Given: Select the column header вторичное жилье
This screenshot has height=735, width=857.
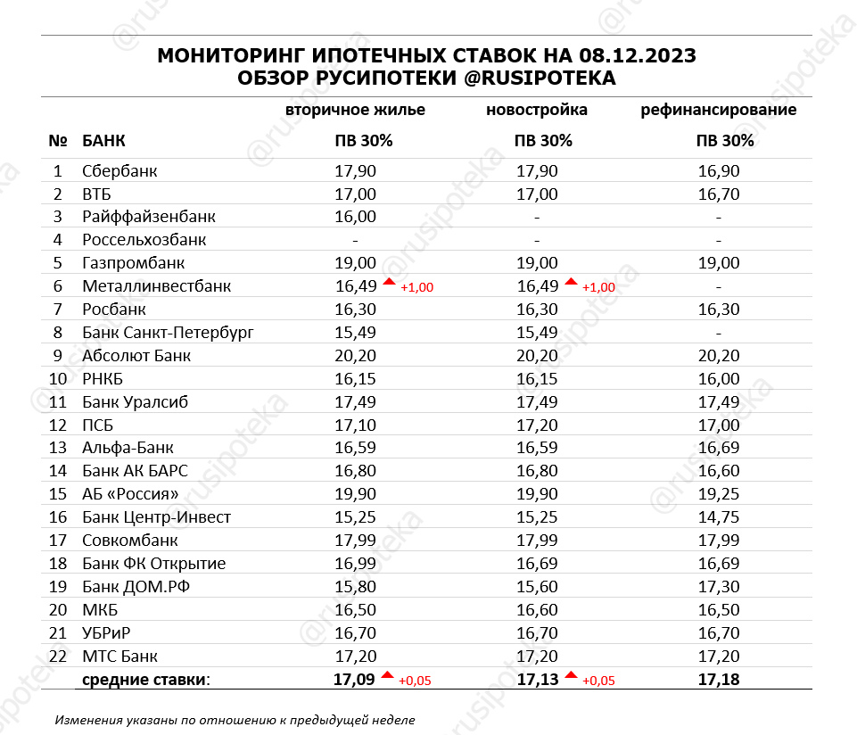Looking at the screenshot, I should (355, 111).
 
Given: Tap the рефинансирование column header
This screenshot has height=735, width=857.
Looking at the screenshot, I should (719, 111).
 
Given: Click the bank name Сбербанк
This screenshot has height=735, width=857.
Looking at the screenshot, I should (119, 171).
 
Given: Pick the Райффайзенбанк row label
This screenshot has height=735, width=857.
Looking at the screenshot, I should (148, 217).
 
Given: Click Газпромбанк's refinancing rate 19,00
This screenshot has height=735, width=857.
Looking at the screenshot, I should (719, 263).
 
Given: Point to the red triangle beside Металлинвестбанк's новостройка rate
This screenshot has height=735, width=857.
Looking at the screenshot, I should (571, 283).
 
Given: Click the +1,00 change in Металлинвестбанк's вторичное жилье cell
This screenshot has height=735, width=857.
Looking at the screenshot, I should (416, 287).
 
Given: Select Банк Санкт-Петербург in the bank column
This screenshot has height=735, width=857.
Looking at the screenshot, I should (168, 333).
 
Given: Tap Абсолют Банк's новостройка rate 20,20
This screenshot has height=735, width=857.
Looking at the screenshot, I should (537, 356).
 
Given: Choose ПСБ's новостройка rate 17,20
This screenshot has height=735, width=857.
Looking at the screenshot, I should (537, 425).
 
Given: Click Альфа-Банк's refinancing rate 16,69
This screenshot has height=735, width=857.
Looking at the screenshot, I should (719, 448).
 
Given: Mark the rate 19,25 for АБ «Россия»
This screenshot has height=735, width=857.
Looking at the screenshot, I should (719, 494).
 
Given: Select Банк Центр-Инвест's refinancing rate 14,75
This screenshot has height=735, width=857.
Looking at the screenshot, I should (719, 517).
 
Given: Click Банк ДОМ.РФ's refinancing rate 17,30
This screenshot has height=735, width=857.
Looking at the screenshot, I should (719, 587).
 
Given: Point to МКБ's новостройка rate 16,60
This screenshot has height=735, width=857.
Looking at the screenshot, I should (537, 610).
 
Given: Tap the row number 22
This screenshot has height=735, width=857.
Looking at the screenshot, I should (58, 657).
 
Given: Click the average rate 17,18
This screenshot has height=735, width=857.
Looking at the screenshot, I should (719, 680).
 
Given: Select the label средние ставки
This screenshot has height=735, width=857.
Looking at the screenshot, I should (146, 681).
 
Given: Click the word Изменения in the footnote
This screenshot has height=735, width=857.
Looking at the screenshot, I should (87, 719).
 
